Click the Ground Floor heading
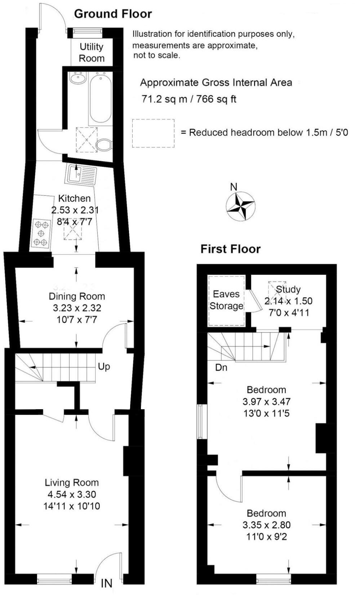(113, 14)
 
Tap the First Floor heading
(230, 249)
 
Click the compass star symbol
(240, 207)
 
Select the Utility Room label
(92, 52)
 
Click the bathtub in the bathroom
(101, 98)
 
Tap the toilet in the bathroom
(104, 145)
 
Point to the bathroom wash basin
(78, 78)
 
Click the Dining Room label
(77, 296)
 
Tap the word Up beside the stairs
(104, 366)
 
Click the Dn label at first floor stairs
(221, 367)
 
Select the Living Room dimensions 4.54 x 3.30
(71, 494)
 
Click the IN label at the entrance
(106, 583)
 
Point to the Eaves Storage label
(226, 300)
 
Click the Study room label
(288, 289)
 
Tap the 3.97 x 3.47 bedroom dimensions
(266, 401)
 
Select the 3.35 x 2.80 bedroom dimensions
(266, 525)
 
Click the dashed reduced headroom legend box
(153, 133)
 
